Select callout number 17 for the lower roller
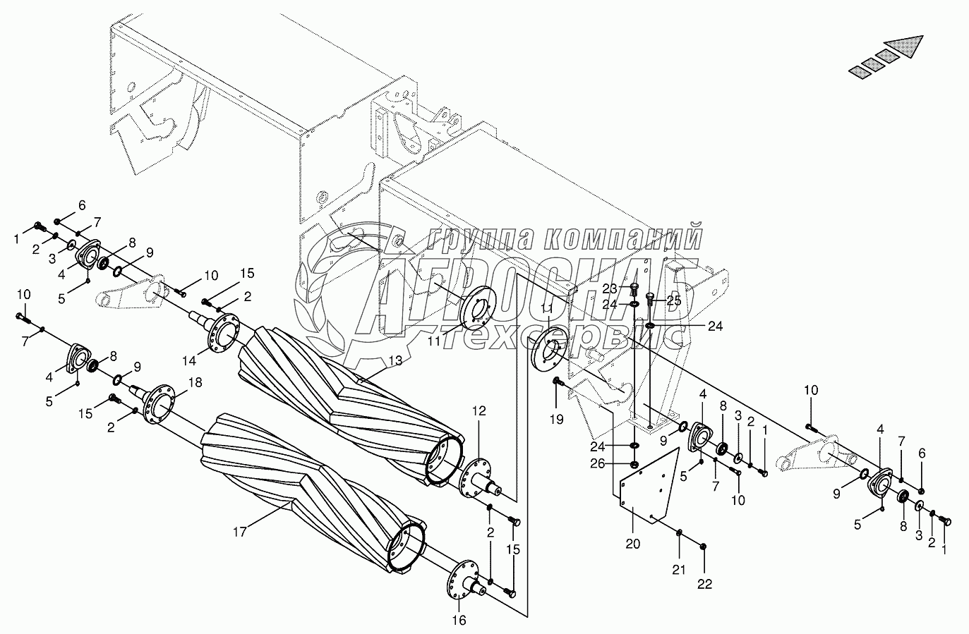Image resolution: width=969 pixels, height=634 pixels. pyautogui.click(x=240, y=531)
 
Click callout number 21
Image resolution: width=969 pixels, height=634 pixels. pyautogui.click(x=678, y=570)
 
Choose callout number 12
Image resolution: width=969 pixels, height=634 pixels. pyautogui.click(x=479, y=410)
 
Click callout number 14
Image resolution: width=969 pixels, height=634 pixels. pyautogui.click(x=188, y=360)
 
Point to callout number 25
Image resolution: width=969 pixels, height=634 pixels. pyautogui.click(x=673, y=300)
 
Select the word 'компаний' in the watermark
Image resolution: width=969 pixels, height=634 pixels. pyautogui.click(x=624, y=238)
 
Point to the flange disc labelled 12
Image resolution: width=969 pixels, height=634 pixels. pyautogui.click(x=472, y=482)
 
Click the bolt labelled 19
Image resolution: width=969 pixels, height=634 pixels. pyautogui.click(x=556, y=382)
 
